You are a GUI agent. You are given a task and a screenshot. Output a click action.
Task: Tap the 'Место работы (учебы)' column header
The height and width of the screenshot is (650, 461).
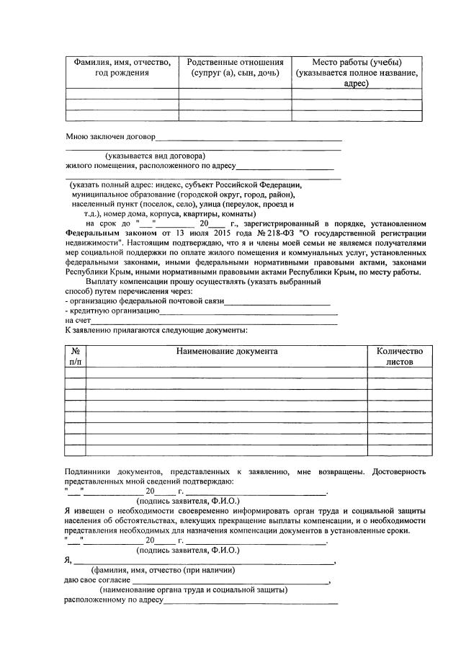click(x=357, y=73)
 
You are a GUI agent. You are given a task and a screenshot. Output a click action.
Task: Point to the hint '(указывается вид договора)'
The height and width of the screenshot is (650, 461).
click(x=155, y=156)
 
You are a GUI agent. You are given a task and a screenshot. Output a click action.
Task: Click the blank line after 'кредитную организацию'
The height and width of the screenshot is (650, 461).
click(x=249, y=313)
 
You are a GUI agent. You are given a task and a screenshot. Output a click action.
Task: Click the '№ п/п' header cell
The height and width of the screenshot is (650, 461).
click(x=75, y=356)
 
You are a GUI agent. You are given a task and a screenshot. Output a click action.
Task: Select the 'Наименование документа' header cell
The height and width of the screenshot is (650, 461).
click(x=225, y=351)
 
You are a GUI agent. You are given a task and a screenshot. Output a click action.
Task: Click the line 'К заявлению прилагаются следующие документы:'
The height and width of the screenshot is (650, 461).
click(x=156, y=331)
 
